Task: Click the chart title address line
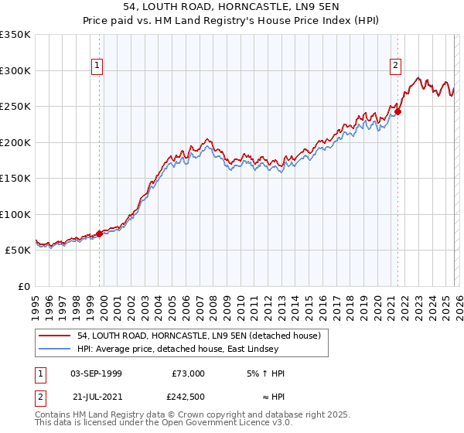point(231,6)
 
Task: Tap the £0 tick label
point(25,286)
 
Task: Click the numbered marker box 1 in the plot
point(97,66)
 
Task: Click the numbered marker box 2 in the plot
point(395,66)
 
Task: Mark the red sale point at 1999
point(100,234)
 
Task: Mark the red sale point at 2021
point(397,111)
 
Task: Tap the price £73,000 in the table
point(188,373)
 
